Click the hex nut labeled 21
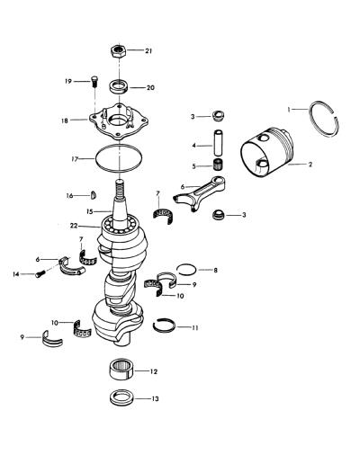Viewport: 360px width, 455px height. click(119, 51)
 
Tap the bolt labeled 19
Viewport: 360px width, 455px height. click(94, 81)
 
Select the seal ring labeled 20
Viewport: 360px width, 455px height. click(118, 87)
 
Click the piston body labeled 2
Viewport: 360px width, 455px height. click(267, 153)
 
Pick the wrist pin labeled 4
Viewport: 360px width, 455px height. click(218, 143)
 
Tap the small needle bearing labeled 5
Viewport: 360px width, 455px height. click(218, 165)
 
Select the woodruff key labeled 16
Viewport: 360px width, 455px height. click(94, 195)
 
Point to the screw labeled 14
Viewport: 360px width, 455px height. click(40, 273)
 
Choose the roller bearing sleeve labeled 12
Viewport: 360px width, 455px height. click(121, 370)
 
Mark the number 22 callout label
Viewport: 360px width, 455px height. click(74, 226)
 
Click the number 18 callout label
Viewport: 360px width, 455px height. click(65, 120)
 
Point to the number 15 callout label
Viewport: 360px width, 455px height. click(90, 211)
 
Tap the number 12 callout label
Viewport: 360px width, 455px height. click(154, 371)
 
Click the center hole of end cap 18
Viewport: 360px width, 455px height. click(119, 121)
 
